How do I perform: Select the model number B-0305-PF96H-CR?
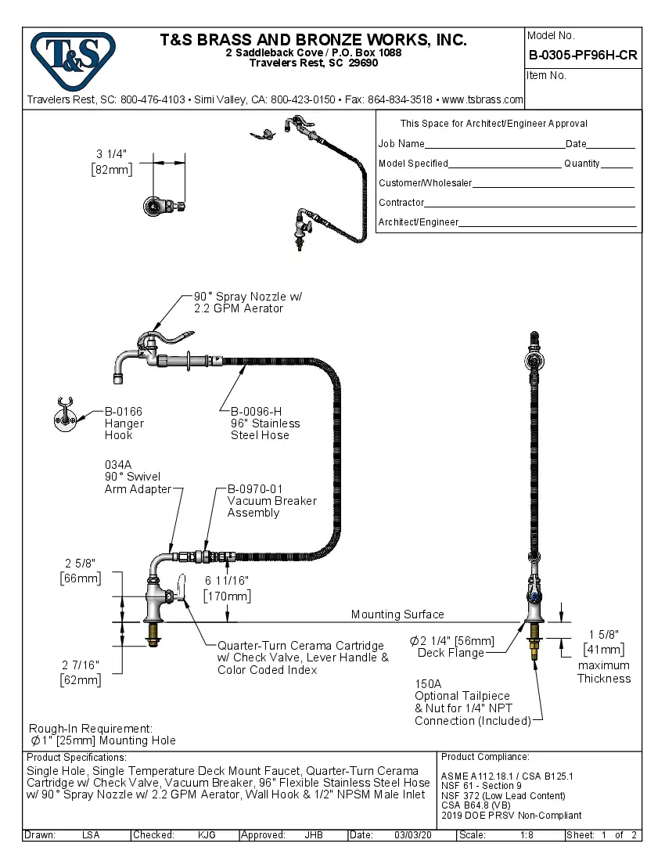[x=583, y=56]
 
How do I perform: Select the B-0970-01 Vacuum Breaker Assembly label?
[x=271, y=500]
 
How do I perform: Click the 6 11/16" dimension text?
[x=226, y=580]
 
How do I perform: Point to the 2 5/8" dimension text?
[x=80, y=563]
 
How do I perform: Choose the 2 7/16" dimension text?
[x=81, y=665]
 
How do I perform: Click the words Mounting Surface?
[x=397, y=614]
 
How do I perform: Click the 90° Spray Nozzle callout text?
[x=247, y=302]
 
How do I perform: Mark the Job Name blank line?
[x=494, y=146]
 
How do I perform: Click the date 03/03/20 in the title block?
[x=413, y=835]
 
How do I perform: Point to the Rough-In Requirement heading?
[x=90, y=728]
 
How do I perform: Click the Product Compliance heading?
[x=485, y=757]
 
